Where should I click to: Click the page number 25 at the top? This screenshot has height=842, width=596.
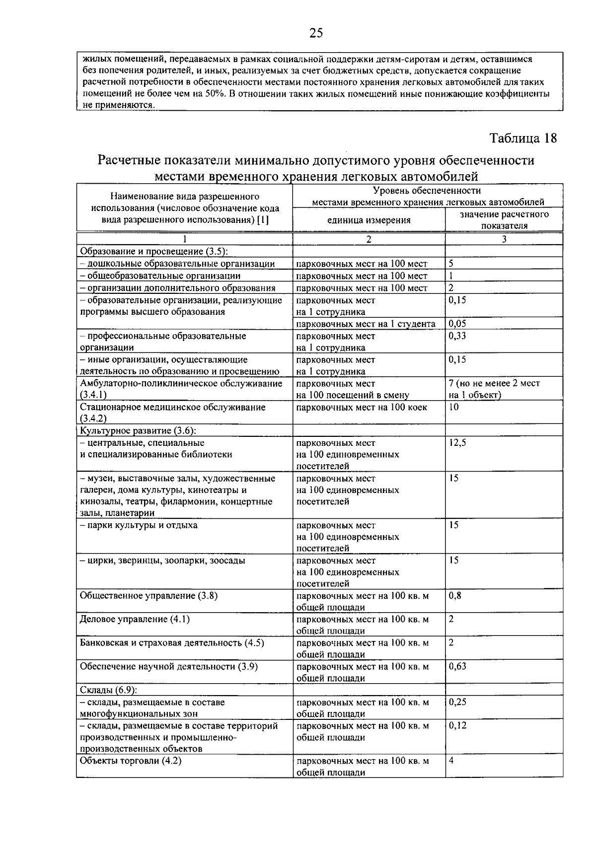[316, 33]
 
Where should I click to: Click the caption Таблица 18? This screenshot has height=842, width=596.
[523, 138]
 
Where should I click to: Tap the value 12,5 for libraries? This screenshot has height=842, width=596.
[457, 443]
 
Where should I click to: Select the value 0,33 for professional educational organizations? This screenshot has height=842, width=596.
[457, 336]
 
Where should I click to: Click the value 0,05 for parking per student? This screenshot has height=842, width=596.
[457, 324]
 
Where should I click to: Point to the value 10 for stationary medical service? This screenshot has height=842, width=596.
[453, 407]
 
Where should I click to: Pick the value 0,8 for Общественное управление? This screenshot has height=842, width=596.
[454, 596]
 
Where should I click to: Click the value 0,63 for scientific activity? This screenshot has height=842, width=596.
[457, 667]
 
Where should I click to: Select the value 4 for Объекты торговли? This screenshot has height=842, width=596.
[451, 761]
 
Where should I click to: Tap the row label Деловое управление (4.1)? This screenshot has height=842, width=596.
[135, 619]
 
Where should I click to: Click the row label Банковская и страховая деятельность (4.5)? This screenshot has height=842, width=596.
[172, 643]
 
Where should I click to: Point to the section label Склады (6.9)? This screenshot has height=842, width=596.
[108, 690]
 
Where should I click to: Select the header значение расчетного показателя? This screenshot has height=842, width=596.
[504, 220]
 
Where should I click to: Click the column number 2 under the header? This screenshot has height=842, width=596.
[369, 239]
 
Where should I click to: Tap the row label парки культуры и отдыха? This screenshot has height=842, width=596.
[139, 525]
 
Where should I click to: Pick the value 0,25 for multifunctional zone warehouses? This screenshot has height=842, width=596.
[457, 702]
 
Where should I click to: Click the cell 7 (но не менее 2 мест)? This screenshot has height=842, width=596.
[494, 383]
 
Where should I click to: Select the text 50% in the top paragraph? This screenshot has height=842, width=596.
[215, 94]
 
